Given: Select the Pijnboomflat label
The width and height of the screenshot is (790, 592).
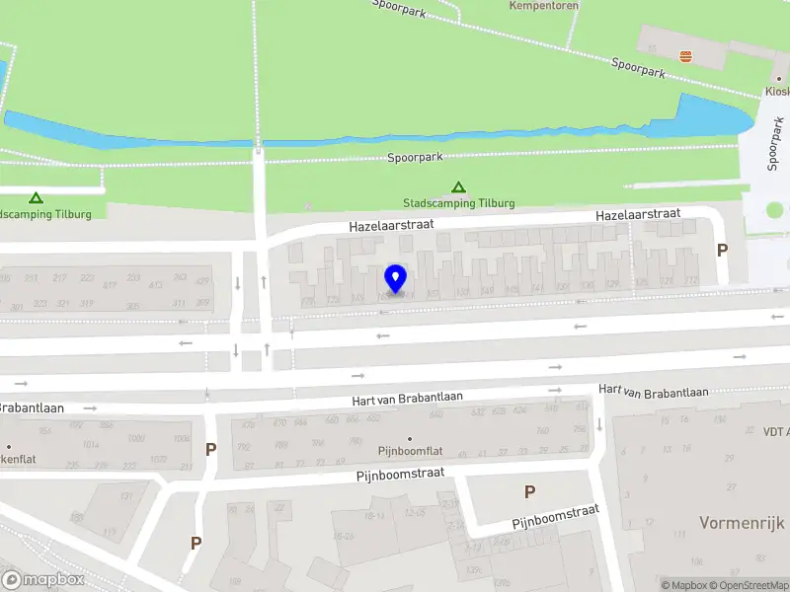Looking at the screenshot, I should [x=410, y=451].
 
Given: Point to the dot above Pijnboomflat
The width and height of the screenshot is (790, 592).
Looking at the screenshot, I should [x=410, y=438].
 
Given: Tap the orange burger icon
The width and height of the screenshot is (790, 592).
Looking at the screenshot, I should [x=686, y=55].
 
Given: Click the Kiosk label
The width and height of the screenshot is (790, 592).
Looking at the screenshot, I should [x=776, y=92].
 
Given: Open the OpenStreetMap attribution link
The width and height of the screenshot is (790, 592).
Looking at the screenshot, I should [x=748, y=585].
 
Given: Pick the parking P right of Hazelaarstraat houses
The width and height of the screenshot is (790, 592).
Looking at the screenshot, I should [x=722, y=251].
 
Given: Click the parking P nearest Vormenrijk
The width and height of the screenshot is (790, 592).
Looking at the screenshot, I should [x=529, y=491].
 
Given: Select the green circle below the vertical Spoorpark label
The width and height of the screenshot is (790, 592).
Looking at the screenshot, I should [x=774, y=210].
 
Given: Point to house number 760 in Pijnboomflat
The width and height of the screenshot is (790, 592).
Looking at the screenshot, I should [x=541, y=430].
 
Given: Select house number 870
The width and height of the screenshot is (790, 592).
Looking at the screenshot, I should [x=279, y=422].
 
